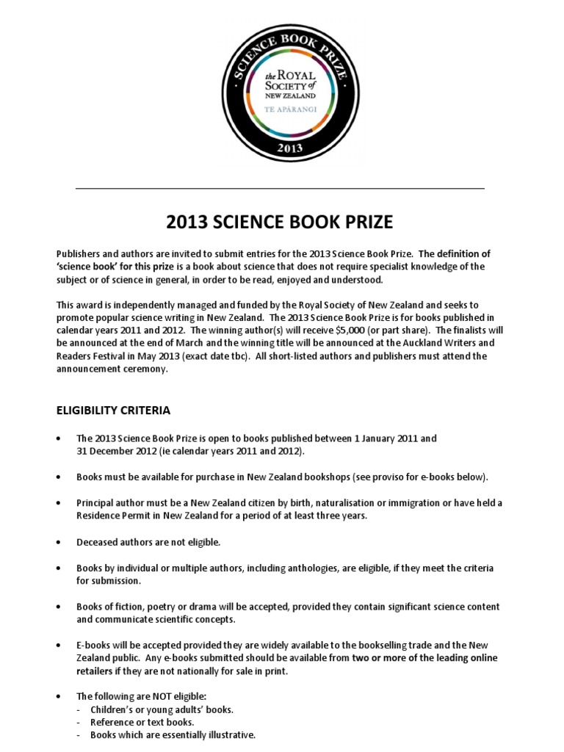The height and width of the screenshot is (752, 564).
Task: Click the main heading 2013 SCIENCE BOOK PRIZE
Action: [280, 221]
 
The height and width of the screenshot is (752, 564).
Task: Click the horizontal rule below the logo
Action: [280, 189]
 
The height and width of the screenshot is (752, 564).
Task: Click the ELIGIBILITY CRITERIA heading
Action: [113, 410]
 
